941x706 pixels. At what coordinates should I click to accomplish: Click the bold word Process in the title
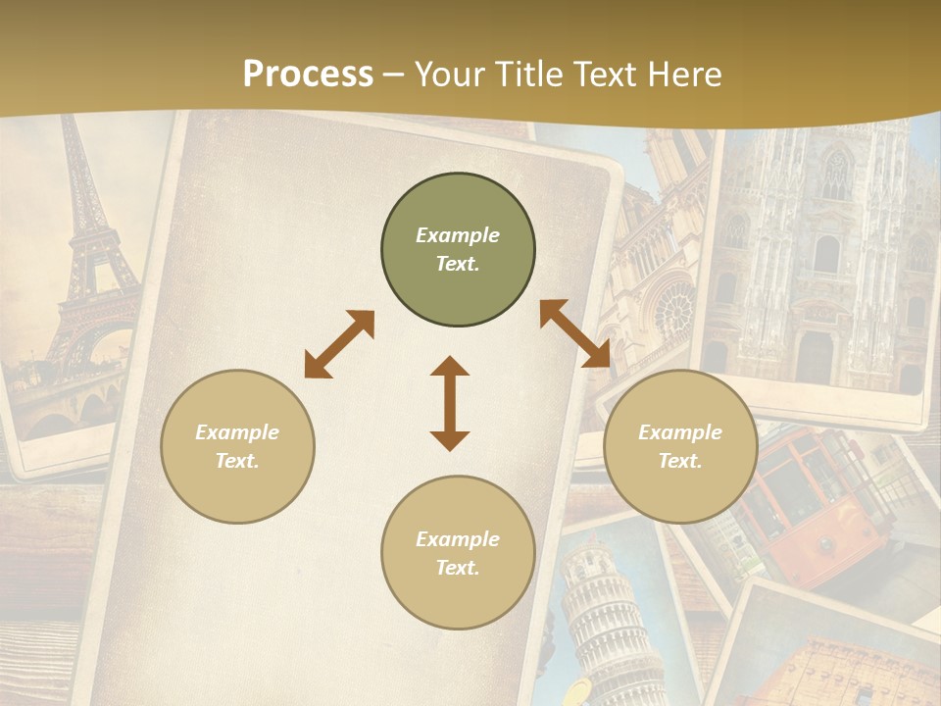[308, 75]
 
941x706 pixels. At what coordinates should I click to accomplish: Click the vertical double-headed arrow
[450, 403]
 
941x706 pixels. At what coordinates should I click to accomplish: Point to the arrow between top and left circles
[339, 344]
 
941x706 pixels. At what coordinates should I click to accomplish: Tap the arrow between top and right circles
[574, 333]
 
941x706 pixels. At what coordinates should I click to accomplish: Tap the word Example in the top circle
[458, 235]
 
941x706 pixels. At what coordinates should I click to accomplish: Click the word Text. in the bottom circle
[458, 568]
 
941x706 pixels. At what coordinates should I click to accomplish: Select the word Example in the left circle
[237, 432]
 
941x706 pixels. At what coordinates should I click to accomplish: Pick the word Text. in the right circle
[680, 461]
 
